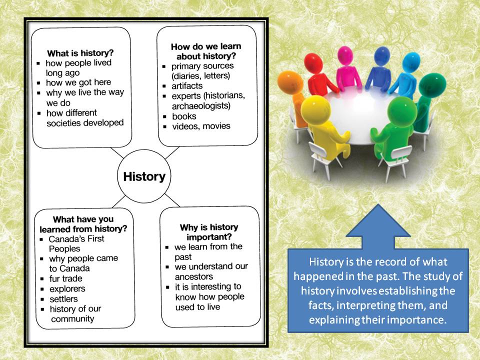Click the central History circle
pyautogui.click(x=144, y=177)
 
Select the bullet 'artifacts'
pyautogui.click(x=188, y=86)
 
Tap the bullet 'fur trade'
pyautogui.click(x=65, y=278)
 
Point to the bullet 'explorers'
pyautogui.click(x=67, y=289)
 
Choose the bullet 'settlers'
pyautogui.click(x=63, y=299)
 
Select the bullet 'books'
pyautogui.click(x=184, y=116)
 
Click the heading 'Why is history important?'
pyautogui.click(x=209, y=232)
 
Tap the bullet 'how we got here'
pyautogui.click(x=78, y=82)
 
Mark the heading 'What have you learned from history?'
pyautogui.click(x=83, y=224)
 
